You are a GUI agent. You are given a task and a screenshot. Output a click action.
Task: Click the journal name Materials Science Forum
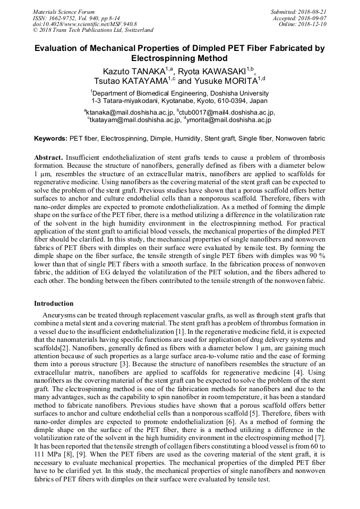(64, 12)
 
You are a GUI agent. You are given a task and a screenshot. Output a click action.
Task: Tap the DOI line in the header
(84, 24)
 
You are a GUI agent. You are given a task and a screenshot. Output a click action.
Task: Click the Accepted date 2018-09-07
(299, 18)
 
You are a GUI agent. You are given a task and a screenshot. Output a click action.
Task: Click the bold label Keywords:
(51, 139)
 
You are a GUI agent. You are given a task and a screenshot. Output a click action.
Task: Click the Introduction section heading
(54, 304)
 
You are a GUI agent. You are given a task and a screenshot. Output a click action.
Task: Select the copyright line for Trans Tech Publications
(93, 30)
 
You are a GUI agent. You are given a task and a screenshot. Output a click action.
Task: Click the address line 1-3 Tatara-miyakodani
(179, 100)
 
